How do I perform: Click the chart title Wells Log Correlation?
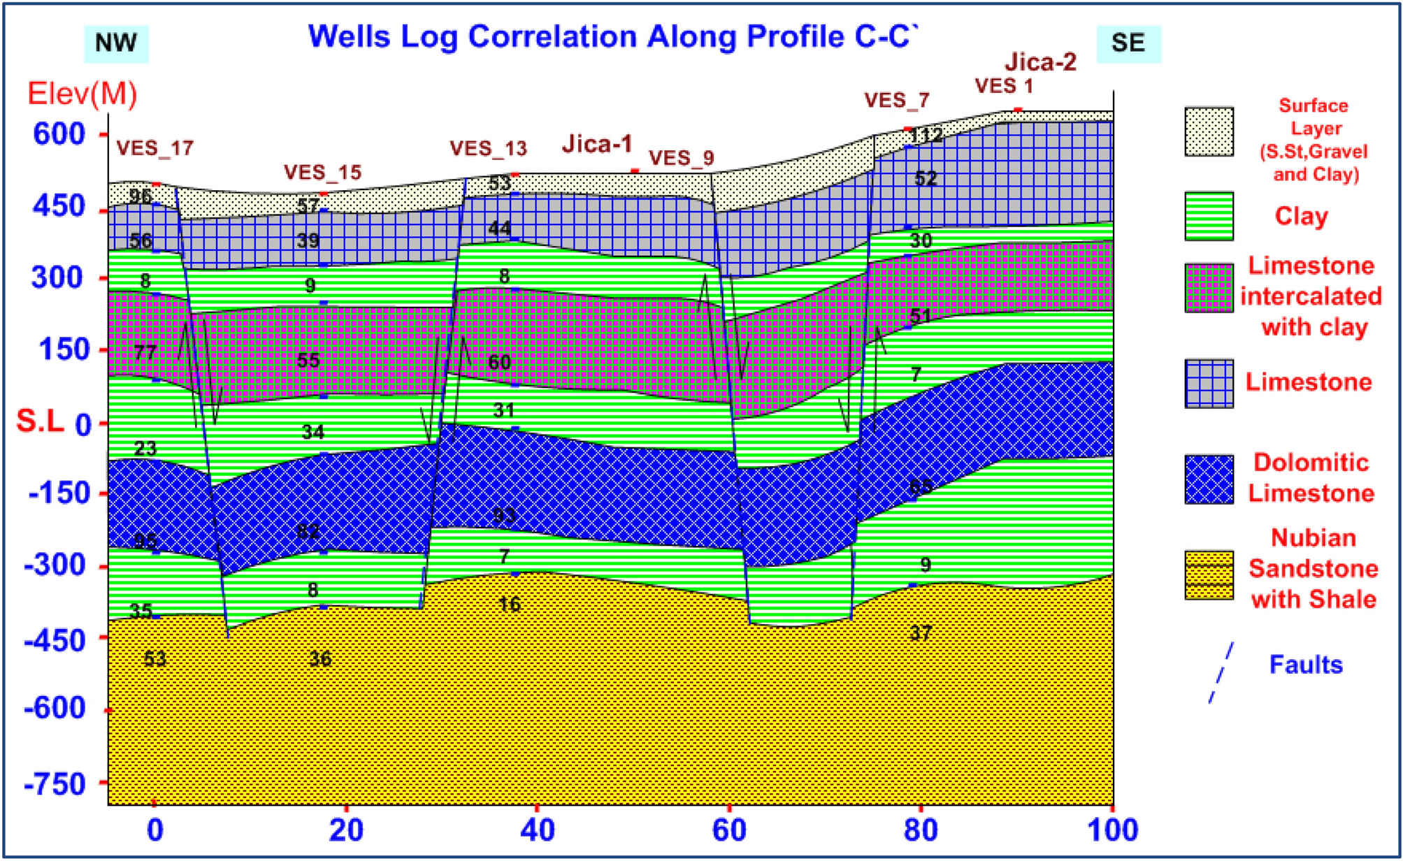click(x=612, y=36)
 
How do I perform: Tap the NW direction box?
click(x=116, y=43)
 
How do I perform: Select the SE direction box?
click(x=1128, y=43)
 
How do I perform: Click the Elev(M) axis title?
click(x=82, y=94)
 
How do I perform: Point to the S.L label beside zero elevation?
click(x=40, y=421)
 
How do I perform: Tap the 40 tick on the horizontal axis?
click(x=537, y=831)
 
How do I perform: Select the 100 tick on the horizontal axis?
click(x=1112, y=831)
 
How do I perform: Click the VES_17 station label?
click(x=154, y=148)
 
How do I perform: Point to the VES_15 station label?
click(x=322, y=172)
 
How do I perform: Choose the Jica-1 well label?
click(x=597, y=144)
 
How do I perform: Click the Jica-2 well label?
click(x=1040, y=62)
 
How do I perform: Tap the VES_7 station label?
click(x=896, y=100)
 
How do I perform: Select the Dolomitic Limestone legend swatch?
click(x=1209, y=479)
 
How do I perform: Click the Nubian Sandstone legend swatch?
click(x=1209, y=575)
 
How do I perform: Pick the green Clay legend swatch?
click(x=1209, y=216)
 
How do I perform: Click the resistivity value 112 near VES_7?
click(x=926, y=135)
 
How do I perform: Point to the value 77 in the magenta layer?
click(x=145, y=352)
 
